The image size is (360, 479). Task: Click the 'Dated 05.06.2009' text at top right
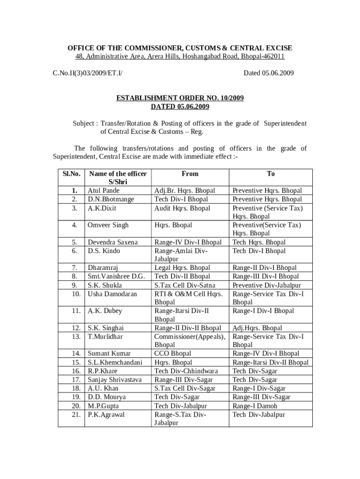(x=268, y=73)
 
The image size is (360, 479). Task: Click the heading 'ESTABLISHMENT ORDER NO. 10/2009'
(x=180, y=98)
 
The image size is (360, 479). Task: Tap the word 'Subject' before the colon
(x=84, y=123)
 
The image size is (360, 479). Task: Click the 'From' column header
(x=190, y=174)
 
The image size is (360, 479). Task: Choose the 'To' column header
(x=271, y=174)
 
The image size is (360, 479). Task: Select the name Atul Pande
(x=104, y=191)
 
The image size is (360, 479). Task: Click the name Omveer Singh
(x=108, y=225)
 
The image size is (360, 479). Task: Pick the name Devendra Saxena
(x=113, y=242)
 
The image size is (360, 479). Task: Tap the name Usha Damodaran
(x=112, y=294)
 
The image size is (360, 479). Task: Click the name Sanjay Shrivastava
(x=115, y=380)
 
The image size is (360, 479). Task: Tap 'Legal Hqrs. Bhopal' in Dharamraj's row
(x=182, y=268)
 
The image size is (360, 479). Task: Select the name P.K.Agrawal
(x=107, y=414)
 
